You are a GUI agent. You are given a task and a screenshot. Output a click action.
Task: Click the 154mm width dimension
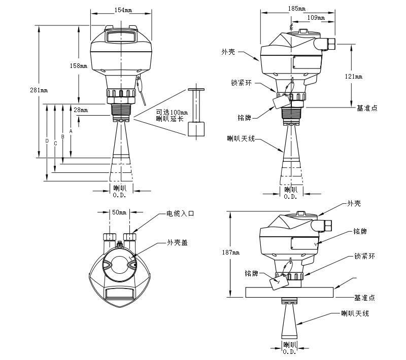pos(120,10)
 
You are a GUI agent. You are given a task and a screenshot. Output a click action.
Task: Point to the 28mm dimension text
pos(81,110)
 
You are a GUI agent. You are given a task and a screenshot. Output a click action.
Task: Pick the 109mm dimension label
pos(317,18)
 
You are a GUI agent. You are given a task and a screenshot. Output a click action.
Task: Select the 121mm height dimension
pos(354,76)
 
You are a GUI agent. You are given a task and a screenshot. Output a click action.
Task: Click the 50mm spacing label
pos(119,212)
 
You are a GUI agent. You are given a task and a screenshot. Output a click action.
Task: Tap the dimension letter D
pos(47,140)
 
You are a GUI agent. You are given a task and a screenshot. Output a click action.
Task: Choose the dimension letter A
pos(71,131)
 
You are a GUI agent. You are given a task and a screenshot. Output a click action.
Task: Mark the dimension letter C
pos(55,143)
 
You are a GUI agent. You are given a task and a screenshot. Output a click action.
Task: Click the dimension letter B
pos(63,136)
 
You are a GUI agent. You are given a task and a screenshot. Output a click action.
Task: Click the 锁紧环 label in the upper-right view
pos(242,82)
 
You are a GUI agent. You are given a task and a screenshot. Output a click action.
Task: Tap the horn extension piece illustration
pos(196,113)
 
